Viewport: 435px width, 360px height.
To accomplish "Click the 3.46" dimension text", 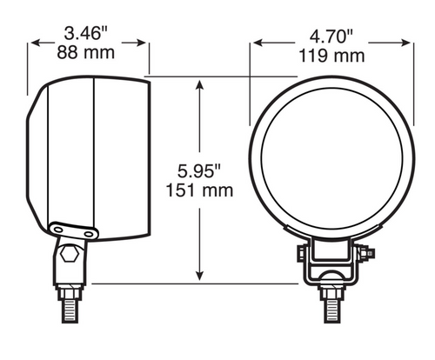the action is click(86, 33).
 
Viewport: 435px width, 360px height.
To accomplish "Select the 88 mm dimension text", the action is click(86, 52).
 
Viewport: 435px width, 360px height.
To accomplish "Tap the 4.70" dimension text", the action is click(331, 37).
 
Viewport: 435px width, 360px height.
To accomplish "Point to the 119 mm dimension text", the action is click(331, 56).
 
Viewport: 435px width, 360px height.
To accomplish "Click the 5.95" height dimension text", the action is click(199, 170).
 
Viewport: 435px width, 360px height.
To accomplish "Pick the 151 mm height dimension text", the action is click(199, 190).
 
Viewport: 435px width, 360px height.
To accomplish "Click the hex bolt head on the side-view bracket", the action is click(70, 254).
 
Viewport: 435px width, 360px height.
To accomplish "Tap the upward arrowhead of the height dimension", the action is click(199, 84).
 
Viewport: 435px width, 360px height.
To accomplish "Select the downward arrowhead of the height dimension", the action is click(199, 276).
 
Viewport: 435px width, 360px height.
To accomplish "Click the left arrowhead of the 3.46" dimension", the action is click(36, 43).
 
